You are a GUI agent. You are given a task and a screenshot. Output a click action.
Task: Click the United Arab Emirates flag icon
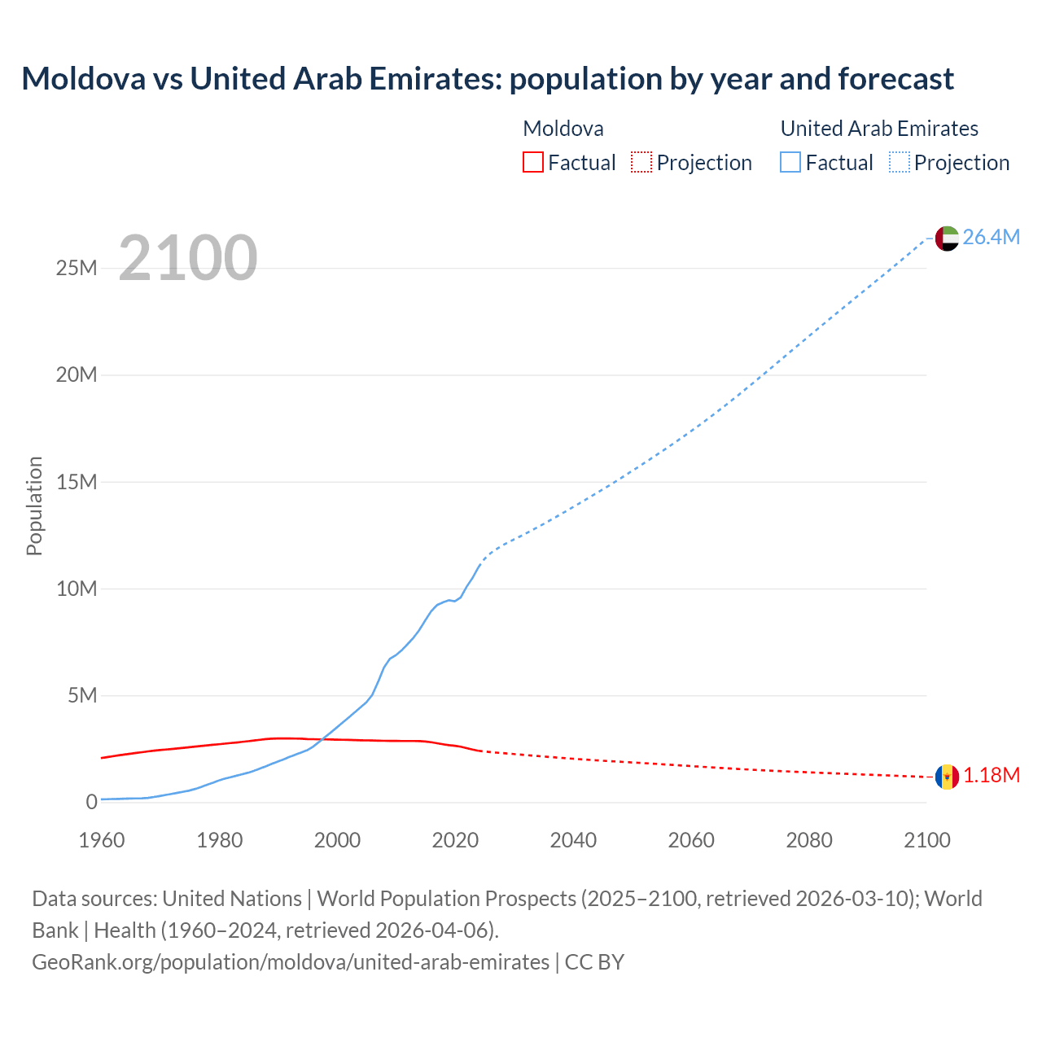(947, 238)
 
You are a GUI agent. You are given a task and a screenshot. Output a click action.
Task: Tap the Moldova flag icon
(947, 777)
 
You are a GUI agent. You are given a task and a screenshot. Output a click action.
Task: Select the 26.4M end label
(991, 237)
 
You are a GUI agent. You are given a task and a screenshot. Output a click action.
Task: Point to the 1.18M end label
(992, 776)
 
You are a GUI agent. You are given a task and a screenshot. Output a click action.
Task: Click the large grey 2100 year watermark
(188, 258)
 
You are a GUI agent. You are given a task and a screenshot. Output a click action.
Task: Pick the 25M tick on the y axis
(77, 268)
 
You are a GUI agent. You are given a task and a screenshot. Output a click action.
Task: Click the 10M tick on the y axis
(77, 589)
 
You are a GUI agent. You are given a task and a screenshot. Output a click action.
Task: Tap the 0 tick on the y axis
(91, 802)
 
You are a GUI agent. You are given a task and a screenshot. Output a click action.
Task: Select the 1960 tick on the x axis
(102, 840)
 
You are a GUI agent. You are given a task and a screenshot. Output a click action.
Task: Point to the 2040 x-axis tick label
(573, 840)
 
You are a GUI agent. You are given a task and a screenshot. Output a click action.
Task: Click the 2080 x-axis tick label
(809, 840)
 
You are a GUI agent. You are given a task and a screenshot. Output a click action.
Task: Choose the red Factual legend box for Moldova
(533, 162)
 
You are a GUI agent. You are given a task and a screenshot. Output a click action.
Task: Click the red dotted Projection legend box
(641, 162)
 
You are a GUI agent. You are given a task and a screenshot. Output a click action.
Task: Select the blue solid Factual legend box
(790, 162)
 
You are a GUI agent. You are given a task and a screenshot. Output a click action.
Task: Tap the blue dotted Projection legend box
(900, 162)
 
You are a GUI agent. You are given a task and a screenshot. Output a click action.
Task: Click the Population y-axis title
(34, 506)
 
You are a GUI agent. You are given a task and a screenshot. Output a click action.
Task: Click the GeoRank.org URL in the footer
(291, 962)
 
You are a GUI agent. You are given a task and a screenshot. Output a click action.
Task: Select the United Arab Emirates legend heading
(879, 129)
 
